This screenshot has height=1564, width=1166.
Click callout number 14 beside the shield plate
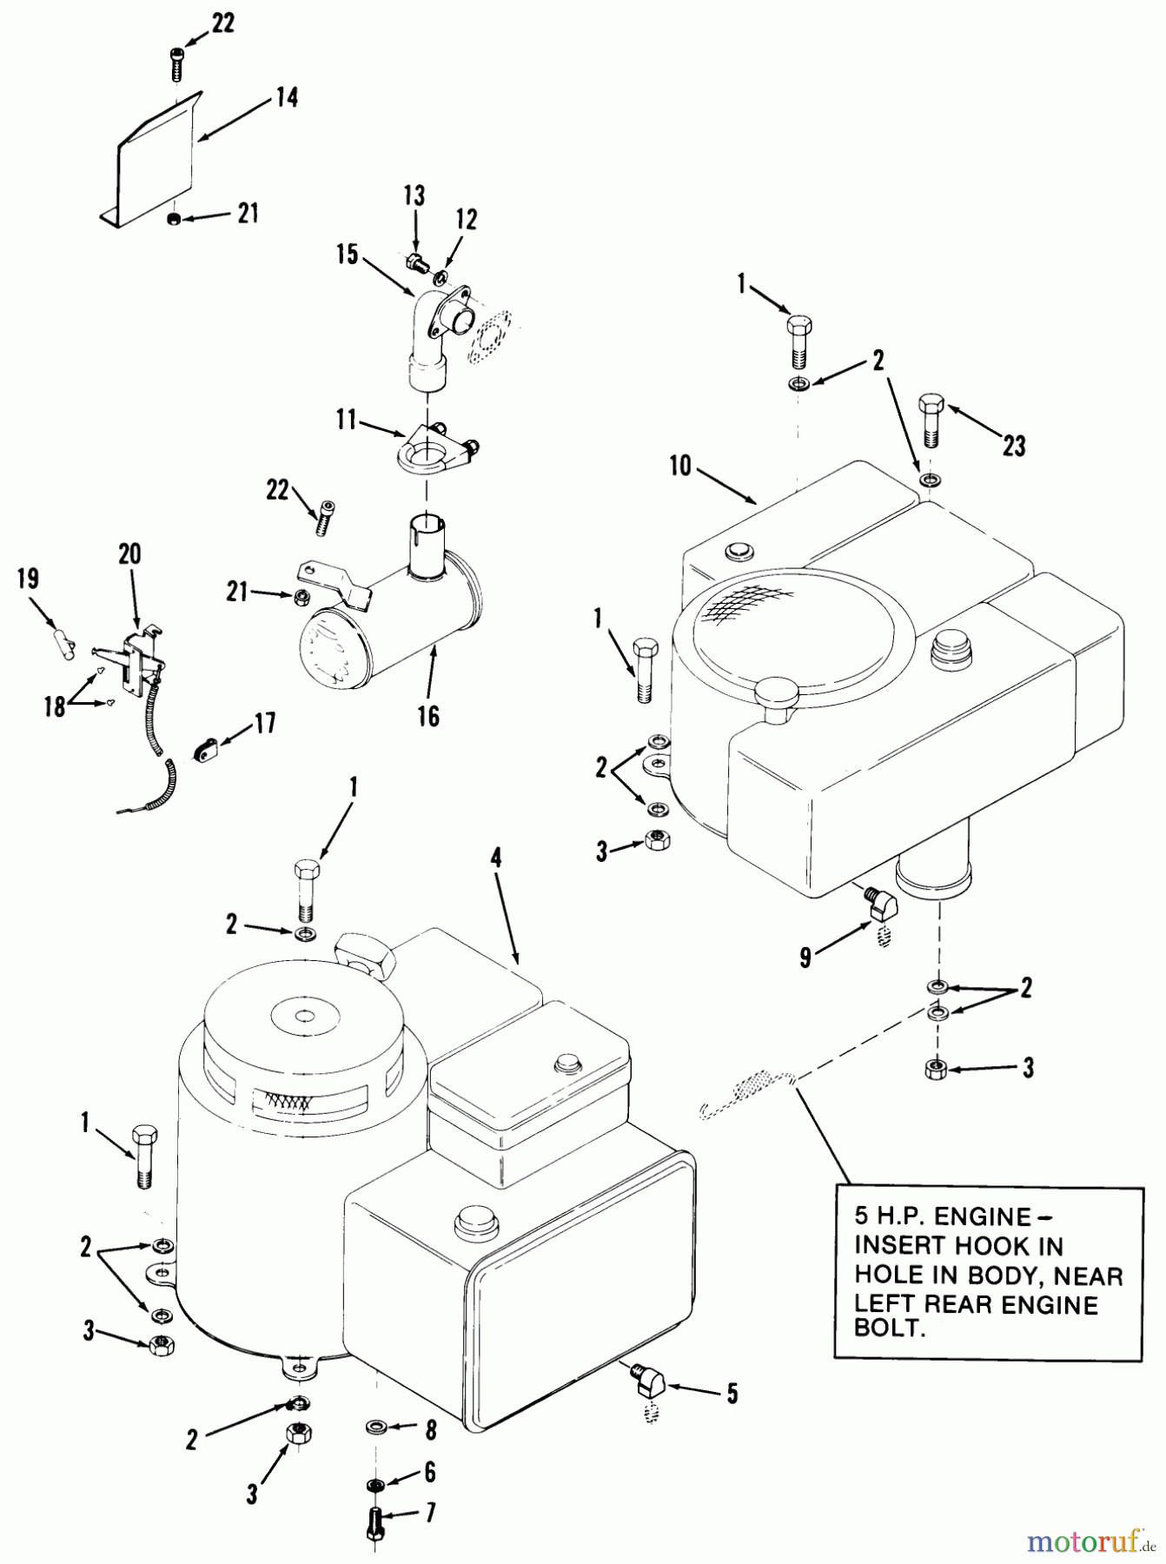click(x=286, y=98)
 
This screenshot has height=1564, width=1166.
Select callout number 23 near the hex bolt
click(x=1013, y=446)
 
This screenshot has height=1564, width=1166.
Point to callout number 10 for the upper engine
click(x=680, y=467)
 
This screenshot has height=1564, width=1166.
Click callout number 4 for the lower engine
click(x=496, y=859)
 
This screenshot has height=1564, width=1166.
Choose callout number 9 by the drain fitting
click(x=805, y=958)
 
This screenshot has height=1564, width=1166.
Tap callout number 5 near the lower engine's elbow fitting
click(x=732, y=1393)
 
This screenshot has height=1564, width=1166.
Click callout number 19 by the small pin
click(x=29, y=580)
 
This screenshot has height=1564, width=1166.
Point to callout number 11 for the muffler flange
click(x=347, y=421)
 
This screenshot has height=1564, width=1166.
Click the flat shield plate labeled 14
click(x=161, y=165)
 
